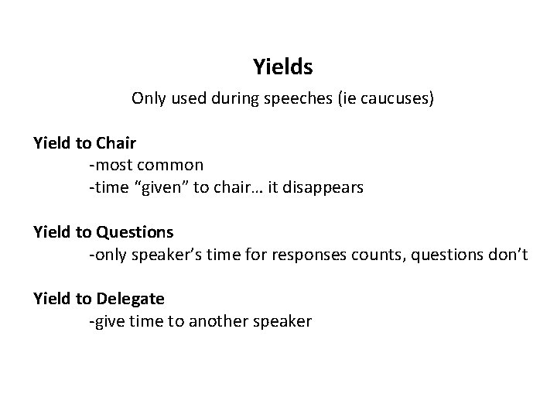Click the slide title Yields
282,68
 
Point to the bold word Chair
117,142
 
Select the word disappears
323,187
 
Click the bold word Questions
135,231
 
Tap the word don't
507,253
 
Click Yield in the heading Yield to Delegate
52,298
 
